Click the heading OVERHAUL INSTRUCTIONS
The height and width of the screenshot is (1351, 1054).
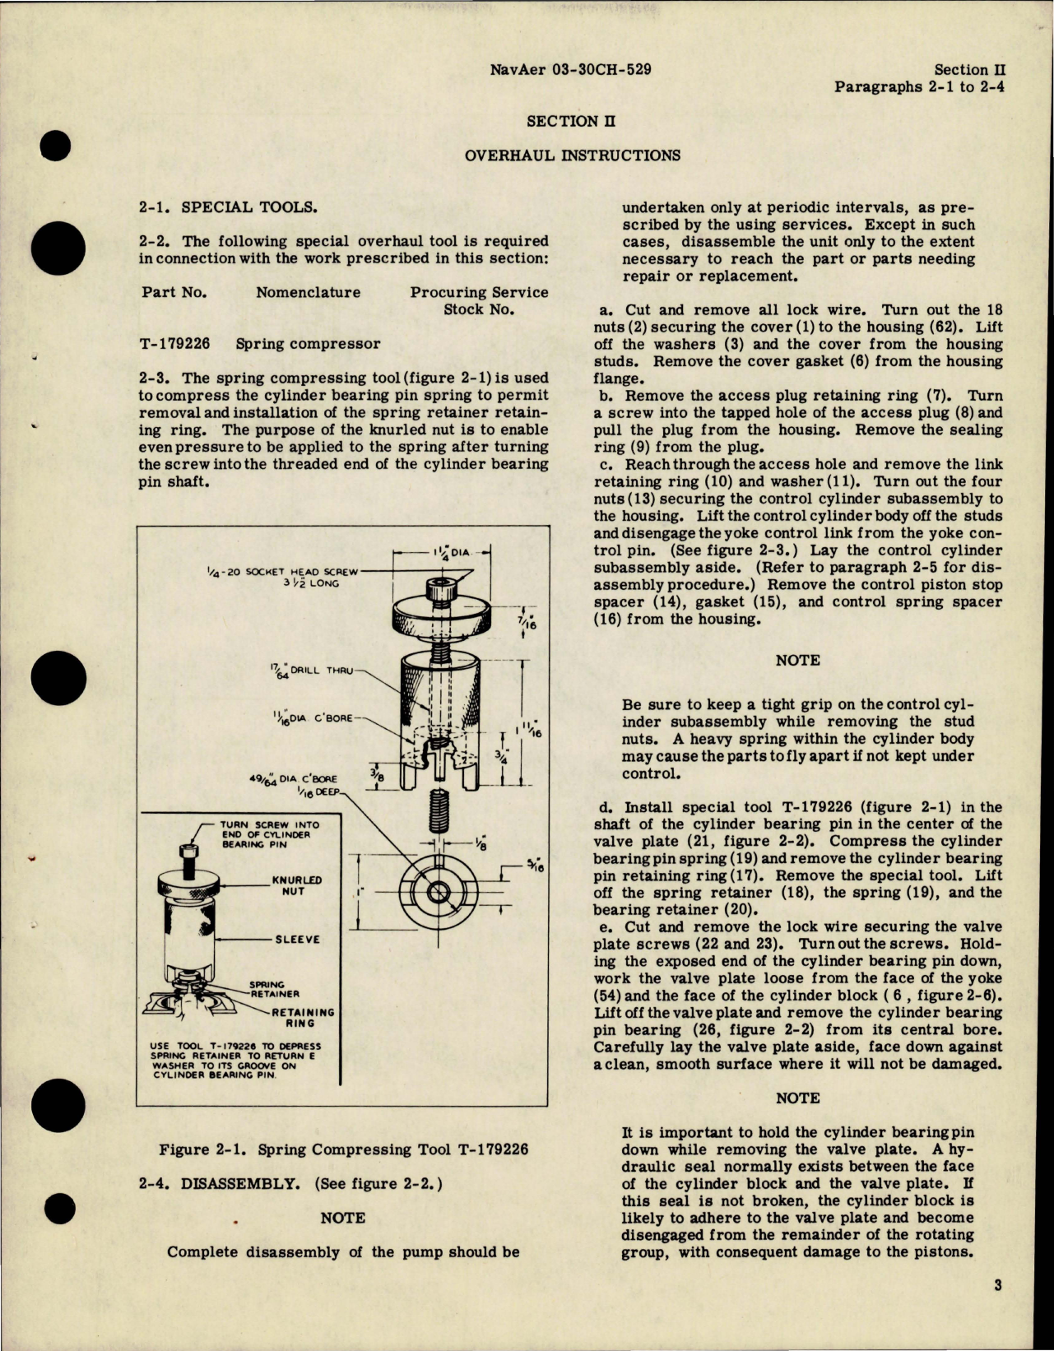[x=572, y=156]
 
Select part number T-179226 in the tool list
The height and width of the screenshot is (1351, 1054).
[x=174, y=344]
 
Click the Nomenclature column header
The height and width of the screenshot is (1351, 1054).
[x=308, y=293]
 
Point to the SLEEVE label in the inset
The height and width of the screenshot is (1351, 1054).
[x=297, y=940]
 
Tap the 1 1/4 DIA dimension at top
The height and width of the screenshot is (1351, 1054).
[x=451, y=555]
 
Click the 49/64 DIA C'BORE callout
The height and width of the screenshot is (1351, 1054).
[x=293, y=778]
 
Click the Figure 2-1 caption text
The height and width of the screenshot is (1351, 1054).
[x=343, y=1149]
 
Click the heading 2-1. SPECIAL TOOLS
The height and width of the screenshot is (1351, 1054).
[x=226, y=207]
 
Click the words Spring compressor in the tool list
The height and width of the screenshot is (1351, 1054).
[x=308, y=344]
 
